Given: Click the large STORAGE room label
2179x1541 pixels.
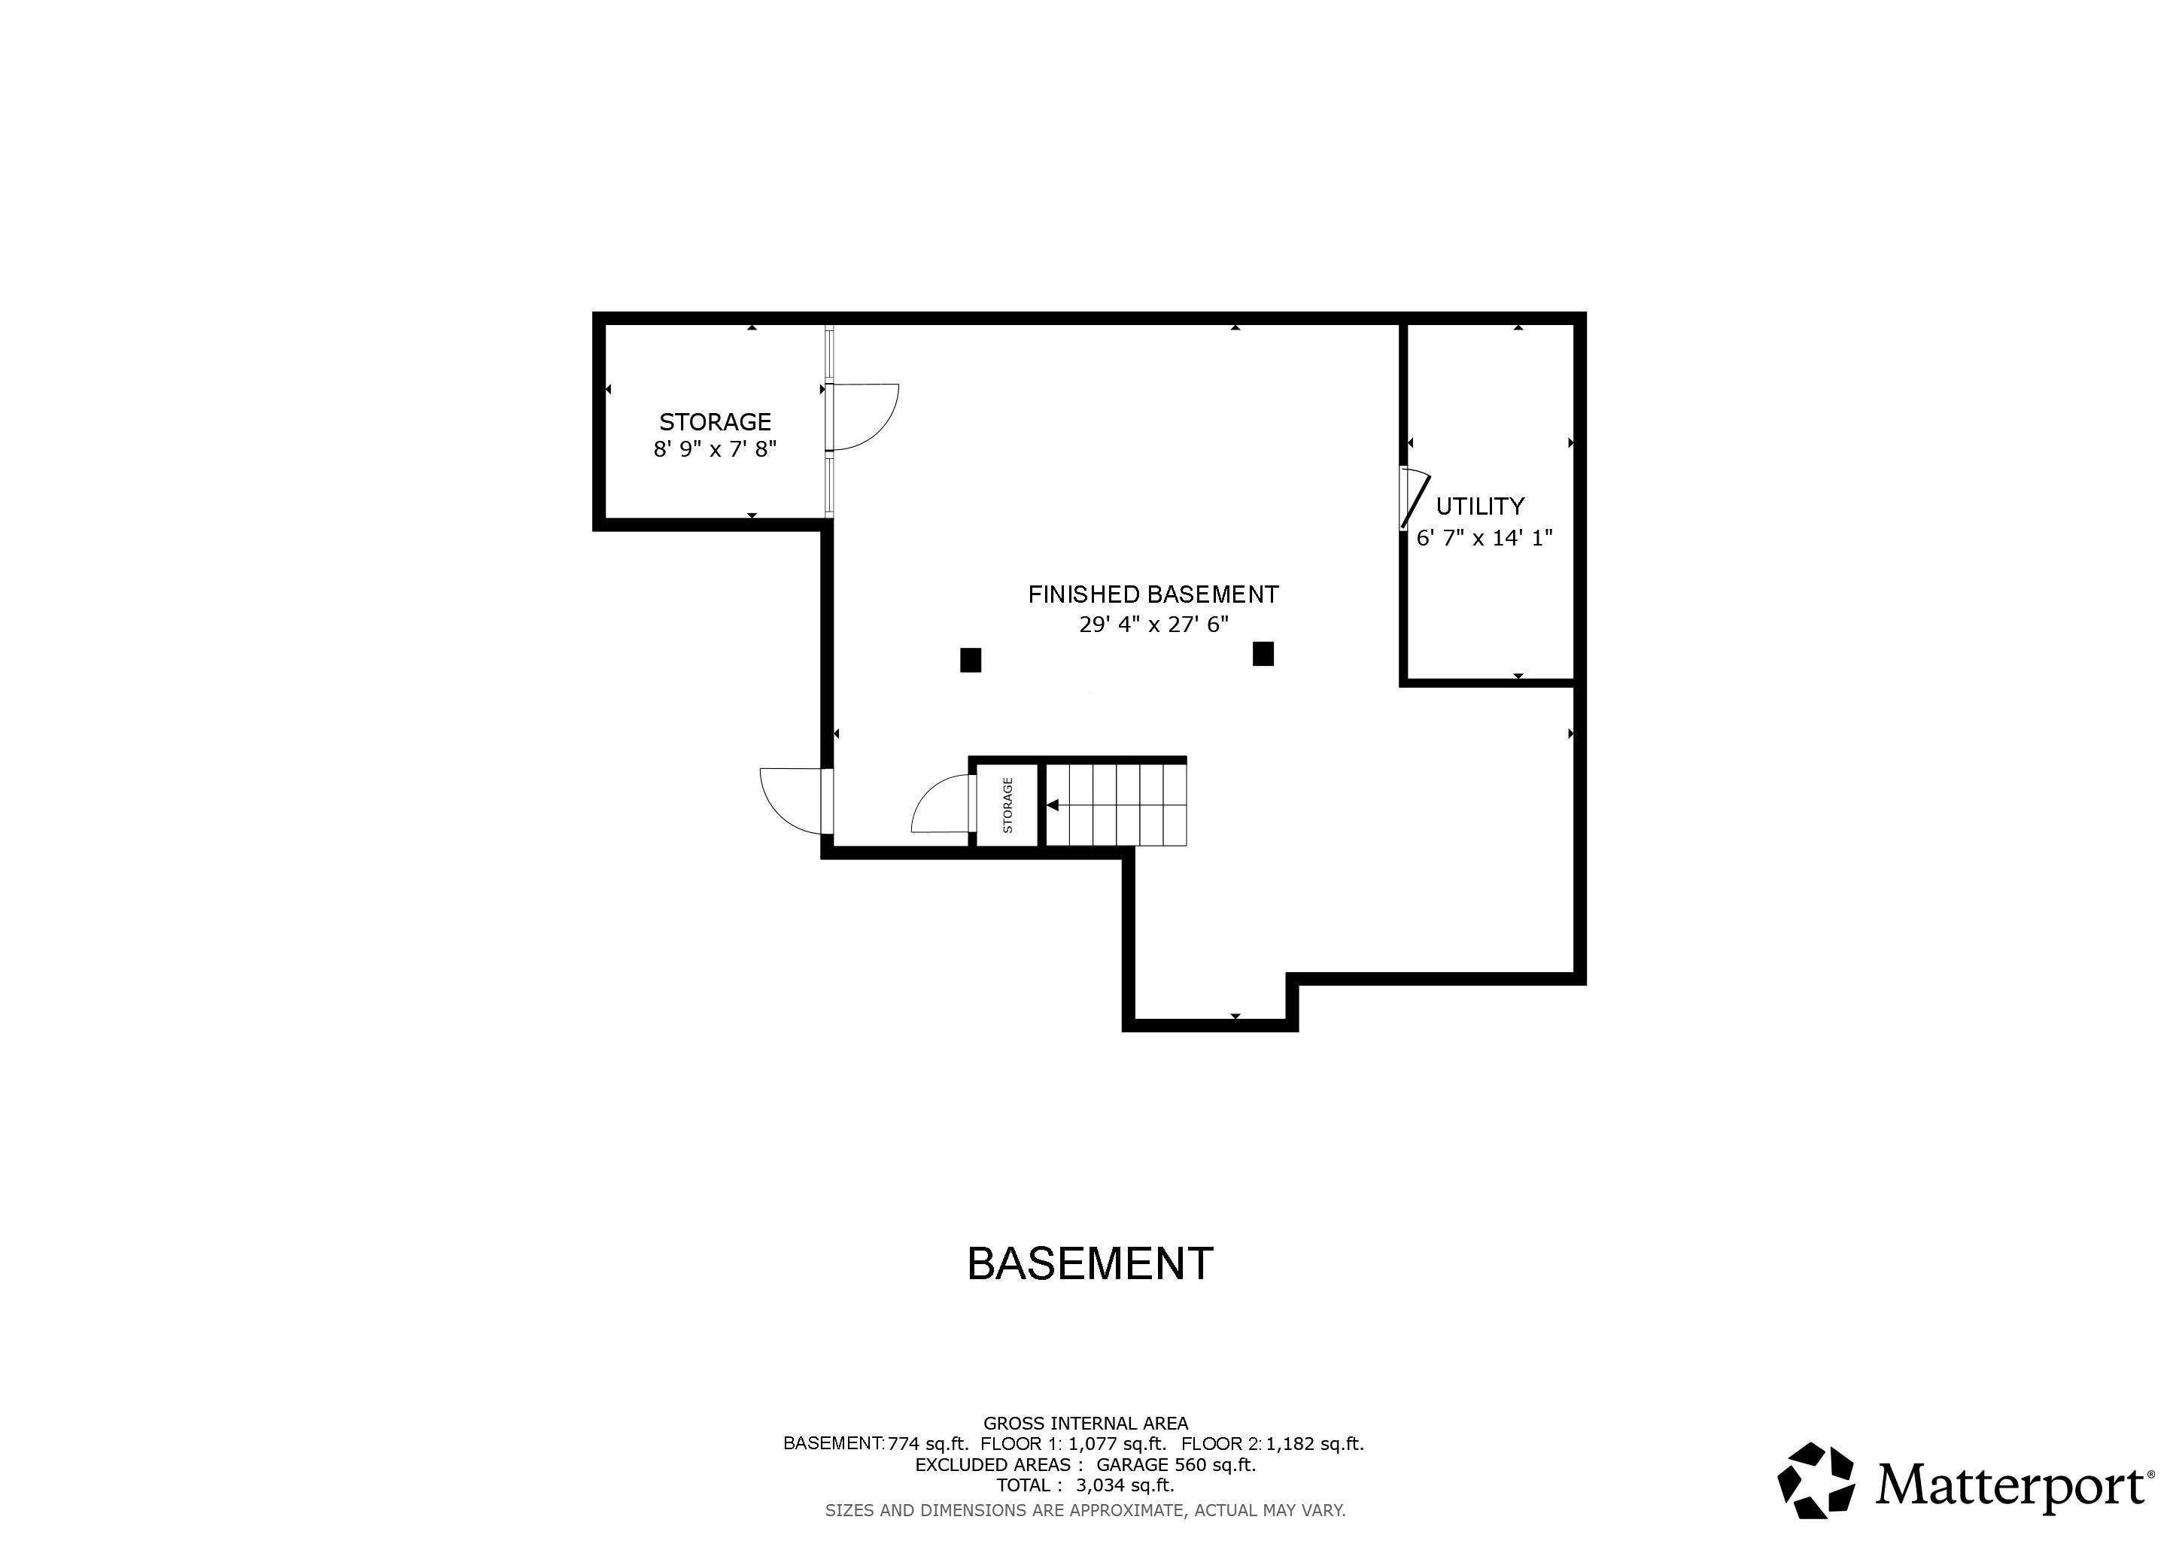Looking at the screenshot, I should coord(715,421).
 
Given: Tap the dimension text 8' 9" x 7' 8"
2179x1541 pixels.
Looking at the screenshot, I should coord(715,448).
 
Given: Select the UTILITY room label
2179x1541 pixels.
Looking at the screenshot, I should coord(1479,506).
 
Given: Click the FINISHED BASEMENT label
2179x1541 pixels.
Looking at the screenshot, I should coord(1153,595).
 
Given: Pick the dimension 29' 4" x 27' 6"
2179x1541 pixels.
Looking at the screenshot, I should coord(1153,625).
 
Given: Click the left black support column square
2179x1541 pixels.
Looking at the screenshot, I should coord(970,659).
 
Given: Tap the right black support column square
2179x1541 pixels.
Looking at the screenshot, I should coord(1263,654).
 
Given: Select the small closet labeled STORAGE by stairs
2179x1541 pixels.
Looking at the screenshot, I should coord(1007,804).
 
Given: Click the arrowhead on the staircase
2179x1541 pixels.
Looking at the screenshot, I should coord(1053,804).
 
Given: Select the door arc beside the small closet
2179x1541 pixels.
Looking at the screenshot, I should coord(938,804).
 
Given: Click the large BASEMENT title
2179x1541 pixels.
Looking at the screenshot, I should coord(1089,1264).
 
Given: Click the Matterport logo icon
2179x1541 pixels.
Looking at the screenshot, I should coord(1816,1480).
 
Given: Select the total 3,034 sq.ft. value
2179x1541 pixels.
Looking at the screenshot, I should coord(1125,1485).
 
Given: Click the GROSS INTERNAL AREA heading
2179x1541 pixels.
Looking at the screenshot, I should coord(1085,1422).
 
